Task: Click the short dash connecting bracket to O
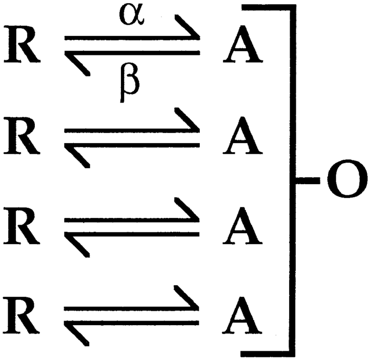306,180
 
